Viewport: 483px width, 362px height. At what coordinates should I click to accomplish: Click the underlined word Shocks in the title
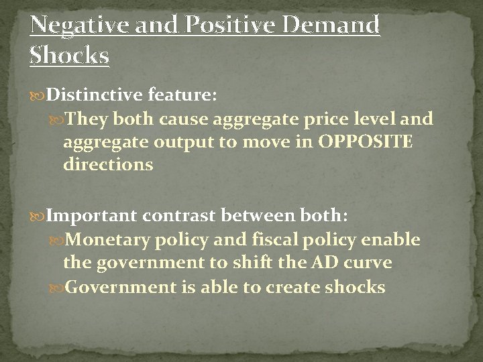click(69, 56)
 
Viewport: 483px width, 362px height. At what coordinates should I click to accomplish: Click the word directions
click(108, 165)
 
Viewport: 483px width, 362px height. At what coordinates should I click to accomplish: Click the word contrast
click(193, 217)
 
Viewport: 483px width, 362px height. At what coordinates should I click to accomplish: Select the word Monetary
click(109, 240)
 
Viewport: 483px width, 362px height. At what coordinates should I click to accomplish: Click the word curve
click(367, 263)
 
